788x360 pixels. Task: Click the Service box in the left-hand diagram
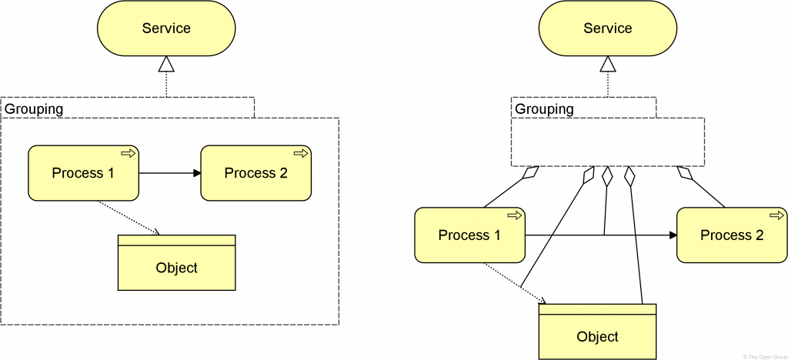(166, 28)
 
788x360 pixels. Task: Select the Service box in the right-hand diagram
(607, 28)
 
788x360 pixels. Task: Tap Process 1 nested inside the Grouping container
(83, 173)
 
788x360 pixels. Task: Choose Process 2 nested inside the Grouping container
(255, 173)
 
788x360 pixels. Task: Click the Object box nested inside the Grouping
(176, 268)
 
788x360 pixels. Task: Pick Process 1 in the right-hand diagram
(469, 235)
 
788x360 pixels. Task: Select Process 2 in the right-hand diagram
(732, 235)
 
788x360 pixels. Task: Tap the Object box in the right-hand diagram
(597, 337)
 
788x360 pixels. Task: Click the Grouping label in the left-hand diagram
(35, 109)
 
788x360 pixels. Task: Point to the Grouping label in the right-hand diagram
(544, 109)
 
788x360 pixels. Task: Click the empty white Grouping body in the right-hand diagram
(607, 142)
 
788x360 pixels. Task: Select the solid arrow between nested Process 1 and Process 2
(169, 173)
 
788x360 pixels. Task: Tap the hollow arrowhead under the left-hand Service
(166, 64)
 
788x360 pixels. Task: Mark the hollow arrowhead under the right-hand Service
(607, 64)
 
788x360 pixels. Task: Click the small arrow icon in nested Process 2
(301, 153)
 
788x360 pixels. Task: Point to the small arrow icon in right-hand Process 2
(776, 216)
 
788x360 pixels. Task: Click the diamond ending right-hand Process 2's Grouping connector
(684, 175)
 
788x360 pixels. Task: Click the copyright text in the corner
(763, 356)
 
